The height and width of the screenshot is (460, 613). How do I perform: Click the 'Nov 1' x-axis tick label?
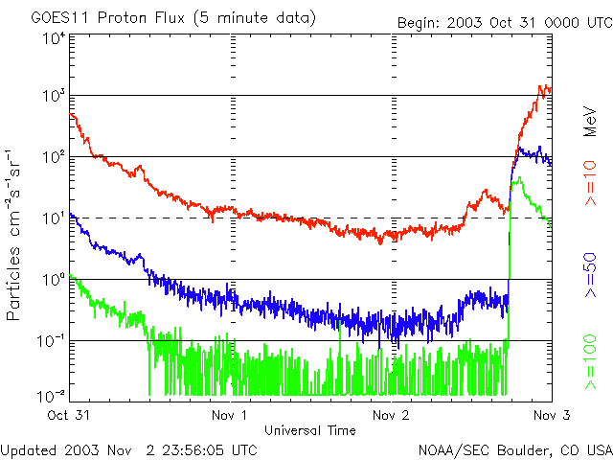(230, 415)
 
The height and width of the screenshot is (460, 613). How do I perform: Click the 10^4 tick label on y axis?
(54, 39)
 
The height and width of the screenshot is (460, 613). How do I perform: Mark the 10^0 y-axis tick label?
(54, 280)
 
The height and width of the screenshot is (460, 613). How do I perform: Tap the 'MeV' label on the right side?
(590, 122)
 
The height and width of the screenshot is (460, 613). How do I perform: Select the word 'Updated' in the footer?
(29, 449)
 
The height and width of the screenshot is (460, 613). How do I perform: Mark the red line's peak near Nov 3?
(543, 86)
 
